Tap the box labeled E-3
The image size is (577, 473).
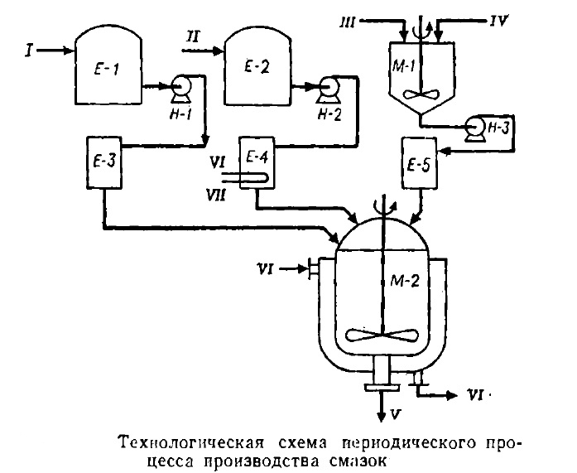pos(104,162)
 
